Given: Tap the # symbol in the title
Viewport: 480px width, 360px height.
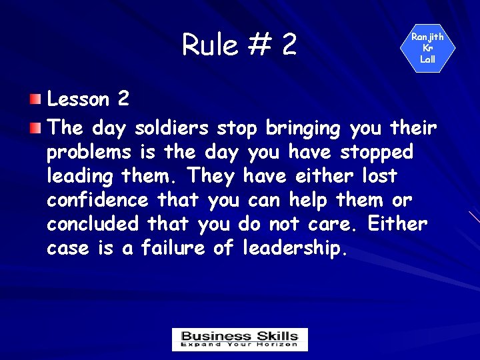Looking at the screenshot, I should coord(258,45).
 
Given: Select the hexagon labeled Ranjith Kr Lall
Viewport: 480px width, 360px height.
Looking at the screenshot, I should coord(427,49).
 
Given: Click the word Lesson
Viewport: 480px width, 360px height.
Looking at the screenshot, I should coord(78,100).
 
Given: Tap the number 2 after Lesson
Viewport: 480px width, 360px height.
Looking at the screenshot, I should coord(123,100).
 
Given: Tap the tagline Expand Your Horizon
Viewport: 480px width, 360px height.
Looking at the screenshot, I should coord(239,345).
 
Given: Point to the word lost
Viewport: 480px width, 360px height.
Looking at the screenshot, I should coord(379,176).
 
